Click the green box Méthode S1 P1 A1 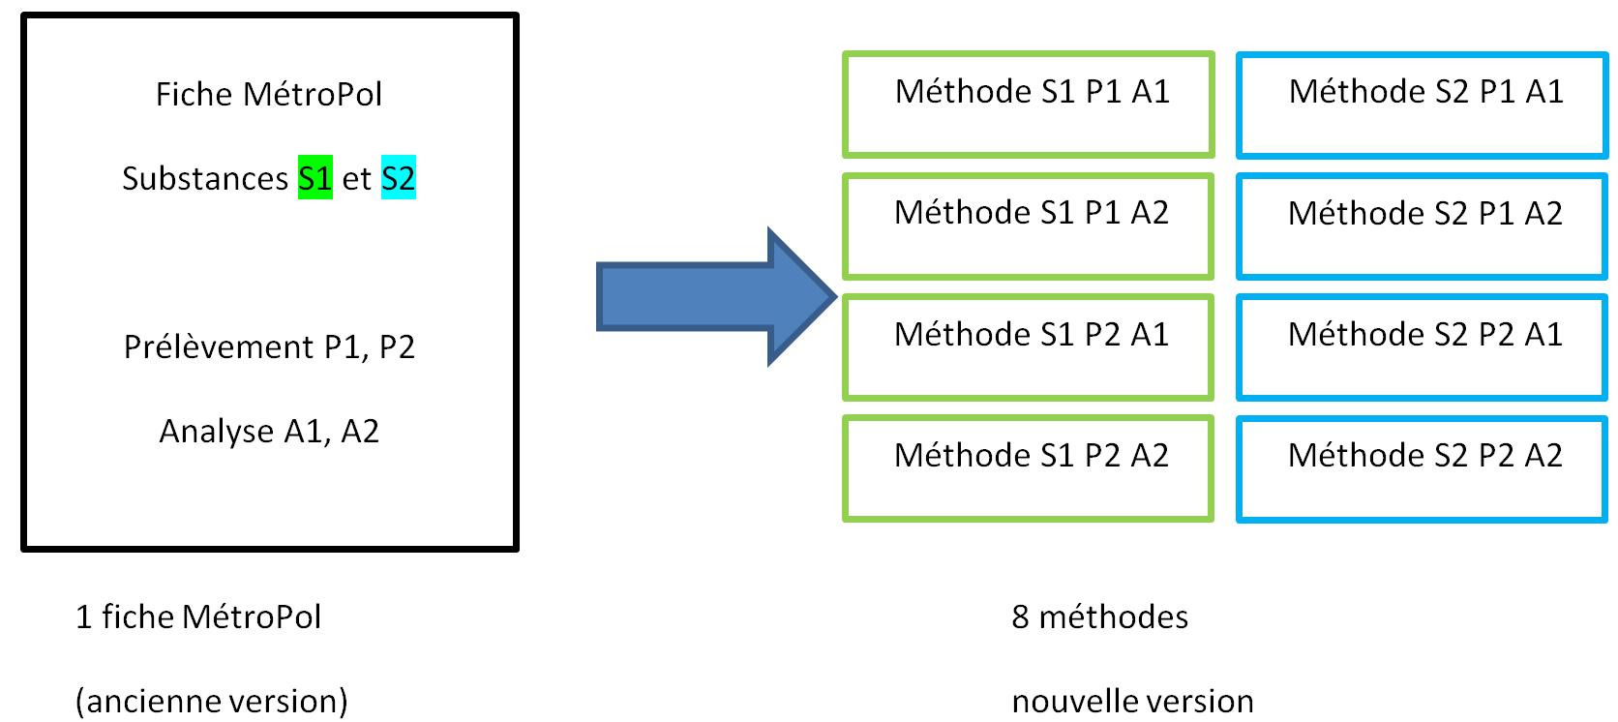click(x=1028, y=105)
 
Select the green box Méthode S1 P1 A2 click(x=1028, y=226)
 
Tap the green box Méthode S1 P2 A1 click(x=1028, y=346)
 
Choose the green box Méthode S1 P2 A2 click(x=1028, y=468)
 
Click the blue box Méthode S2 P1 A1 click(x=1422, y=105)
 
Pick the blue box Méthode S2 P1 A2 click(x=1422, y=226)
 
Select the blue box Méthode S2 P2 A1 click(x=1422, y=346)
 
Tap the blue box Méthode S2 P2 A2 click(x=1422, y=468)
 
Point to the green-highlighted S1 click(x=315, y=178)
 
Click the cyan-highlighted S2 click(x=398, y=178)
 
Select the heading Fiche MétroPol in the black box click(x=269, y=95)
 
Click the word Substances click(x=205, y=179)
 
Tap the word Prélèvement click(x=219, y=347)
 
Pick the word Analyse click(x=216, y=432)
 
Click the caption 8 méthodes click(x=1099, y=617)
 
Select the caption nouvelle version click(x=1132, y=701)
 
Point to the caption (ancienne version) click(x=212, y=701)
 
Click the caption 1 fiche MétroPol click(x=198, y=617)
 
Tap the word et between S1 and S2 click(x=356, y=179)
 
